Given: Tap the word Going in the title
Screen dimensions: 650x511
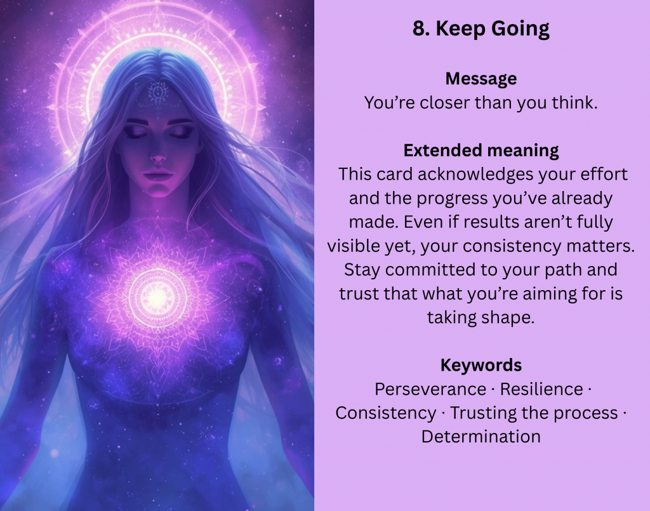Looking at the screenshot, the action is [x=521, y=29].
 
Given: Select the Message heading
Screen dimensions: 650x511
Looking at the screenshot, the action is [x=481, y=79].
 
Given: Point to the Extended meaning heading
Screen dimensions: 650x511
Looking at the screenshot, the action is [x=481, y=150].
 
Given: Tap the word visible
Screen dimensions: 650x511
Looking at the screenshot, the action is [x=352, y=246].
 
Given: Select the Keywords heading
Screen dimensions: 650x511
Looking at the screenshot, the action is [x=481, y=365].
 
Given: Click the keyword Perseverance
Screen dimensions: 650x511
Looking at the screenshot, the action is [x=430, y=389].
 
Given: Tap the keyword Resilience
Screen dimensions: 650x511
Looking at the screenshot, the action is [x=541, y=389].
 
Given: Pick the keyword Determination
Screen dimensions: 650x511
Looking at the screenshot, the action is [x=481, y=437].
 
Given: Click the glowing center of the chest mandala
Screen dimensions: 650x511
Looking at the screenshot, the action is [x=157, y=297].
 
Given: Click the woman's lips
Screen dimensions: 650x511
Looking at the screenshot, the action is [x=158, y=174].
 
